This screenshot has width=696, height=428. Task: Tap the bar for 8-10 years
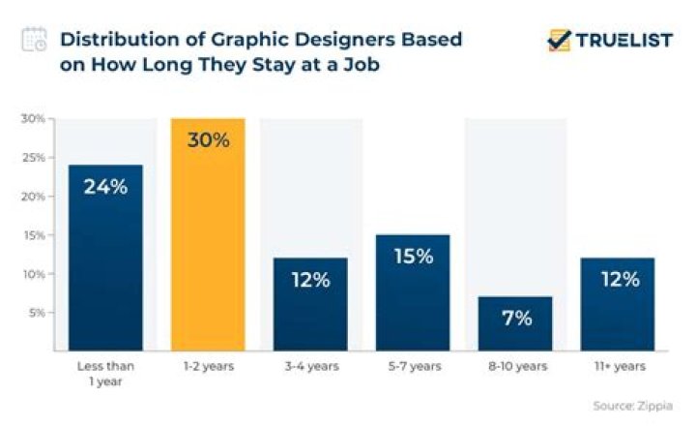tap(514, 323)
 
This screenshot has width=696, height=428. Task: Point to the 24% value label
tap(104, 187)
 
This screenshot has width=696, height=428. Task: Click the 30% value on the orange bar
tap(208, 140)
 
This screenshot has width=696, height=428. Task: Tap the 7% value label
tap(514, 318)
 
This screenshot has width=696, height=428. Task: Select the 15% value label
tap(412, 257)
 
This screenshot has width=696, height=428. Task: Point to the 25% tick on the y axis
tap(34, 158)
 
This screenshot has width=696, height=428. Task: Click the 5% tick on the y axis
tap(37, 313)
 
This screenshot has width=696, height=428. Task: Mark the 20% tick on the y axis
tap(34, 197)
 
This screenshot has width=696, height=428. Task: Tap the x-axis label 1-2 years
tap(208, 366)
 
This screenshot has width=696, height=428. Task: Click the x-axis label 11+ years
tap(618, 366)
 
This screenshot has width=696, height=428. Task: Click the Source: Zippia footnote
tap(631, 406)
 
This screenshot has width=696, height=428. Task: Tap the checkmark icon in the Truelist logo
tap(559, 40)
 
